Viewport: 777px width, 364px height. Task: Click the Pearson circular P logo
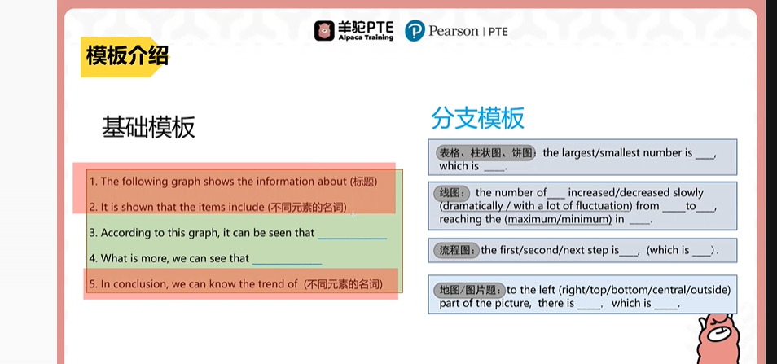click(x=415, y=31)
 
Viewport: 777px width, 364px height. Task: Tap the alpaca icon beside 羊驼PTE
click(x=324, y=31)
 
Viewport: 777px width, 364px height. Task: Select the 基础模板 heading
click(x=148, y=128)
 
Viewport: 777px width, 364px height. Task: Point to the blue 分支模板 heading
click(x=477, y=119)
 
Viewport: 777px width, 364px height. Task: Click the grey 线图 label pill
click(x=451, y=193)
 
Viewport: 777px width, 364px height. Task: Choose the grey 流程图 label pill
click(x=456, y=251)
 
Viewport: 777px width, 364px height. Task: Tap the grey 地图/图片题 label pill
click(x=470, y=290)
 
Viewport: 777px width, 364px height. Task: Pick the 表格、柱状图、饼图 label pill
click(x=485, y=153)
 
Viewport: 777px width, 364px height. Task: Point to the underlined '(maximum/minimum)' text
click(x=558, y=218)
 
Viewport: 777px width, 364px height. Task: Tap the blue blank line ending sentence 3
click(x=352, y=239)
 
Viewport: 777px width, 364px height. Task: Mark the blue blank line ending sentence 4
click(x=287, y=265)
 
